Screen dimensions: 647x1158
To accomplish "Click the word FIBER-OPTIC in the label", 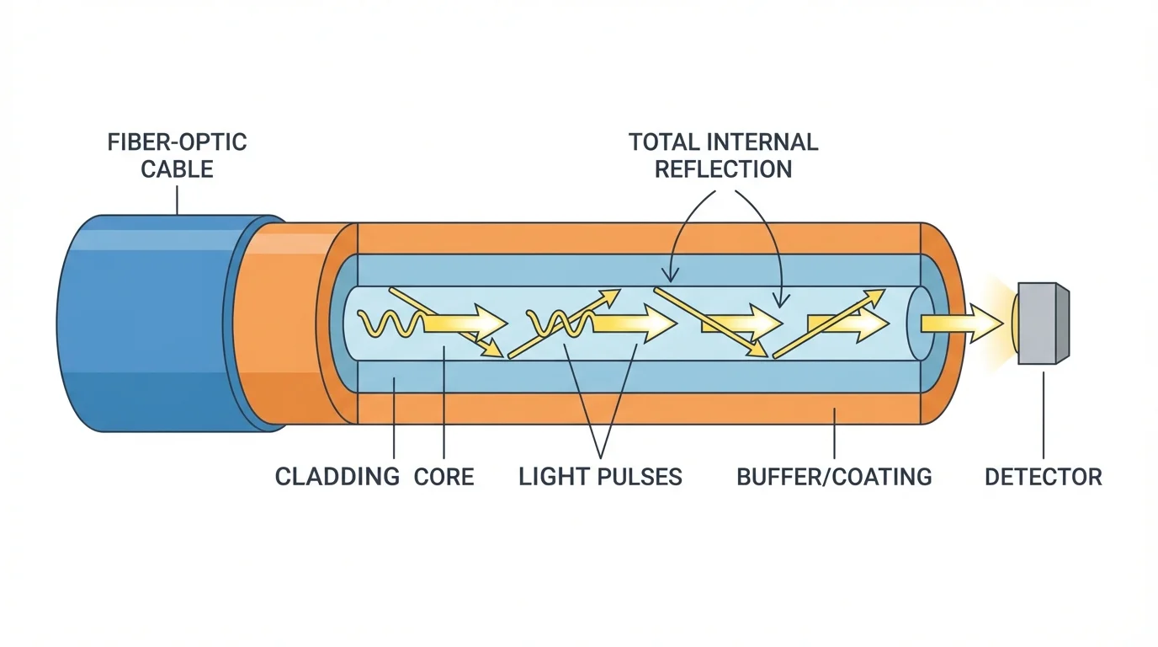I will point(177,142).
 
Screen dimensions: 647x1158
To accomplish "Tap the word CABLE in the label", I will point(177,168).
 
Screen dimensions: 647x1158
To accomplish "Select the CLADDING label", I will point(337,477).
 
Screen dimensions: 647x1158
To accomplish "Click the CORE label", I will point(444,477).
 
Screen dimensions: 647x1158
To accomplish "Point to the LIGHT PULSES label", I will point(600,477).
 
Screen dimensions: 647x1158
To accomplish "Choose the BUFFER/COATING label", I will point(834,477).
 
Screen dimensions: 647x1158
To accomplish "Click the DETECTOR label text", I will point(1043,477).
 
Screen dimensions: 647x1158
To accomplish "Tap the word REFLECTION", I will point(723,168).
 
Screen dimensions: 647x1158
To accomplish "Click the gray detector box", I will point(1042,323).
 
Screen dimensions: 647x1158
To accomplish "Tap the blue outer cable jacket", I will point(143,323).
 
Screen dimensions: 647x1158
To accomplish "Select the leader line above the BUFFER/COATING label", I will point(834,434).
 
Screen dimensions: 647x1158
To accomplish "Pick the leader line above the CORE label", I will point(444,404).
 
